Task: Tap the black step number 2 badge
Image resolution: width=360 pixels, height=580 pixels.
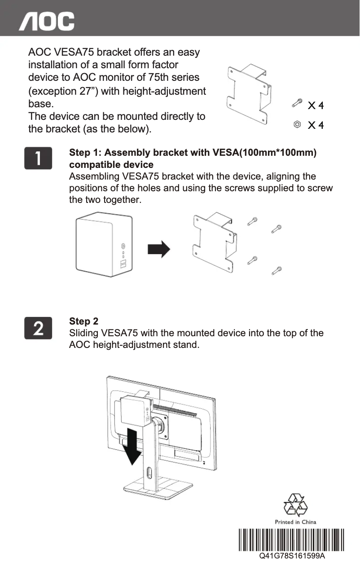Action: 39,328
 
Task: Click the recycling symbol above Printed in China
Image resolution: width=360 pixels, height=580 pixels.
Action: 295,505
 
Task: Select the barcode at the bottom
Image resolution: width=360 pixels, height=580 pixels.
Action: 291,541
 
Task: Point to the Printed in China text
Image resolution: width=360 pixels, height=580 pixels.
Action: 295,522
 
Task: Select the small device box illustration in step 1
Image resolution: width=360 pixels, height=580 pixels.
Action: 105,247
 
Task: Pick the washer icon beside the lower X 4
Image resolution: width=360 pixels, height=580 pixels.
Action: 297,124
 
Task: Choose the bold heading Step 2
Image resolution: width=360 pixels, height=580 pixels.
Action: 83,321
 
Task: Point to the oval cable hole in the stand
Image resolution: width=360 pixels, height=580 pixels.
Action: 149,474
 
